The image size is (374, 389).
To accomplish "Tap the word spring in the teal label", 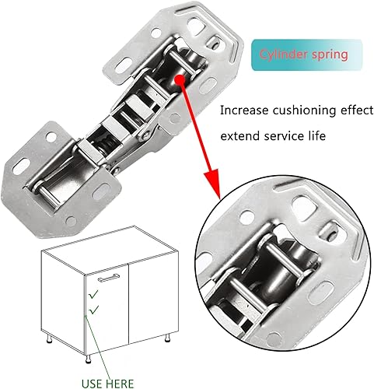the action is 330,55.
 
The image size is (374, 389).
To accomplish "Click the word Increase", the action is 244,110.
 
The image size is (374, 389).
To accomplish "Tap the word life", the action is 316,135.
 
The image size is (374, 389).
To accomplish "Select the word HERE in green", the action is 121,384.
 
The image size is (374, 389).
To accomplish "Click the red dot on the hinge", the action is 180,79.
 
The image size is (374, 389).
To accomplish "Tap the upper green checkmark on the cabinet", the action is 93,294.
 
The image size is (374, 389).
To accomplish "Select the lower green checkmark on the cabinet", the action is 93,310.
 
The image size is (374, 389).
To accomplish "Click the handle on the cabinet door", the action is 109,278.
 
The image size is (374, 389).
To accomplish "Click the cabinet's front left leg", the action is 89,359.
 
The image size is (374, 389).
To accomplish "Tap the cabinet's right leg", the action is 168,338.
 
